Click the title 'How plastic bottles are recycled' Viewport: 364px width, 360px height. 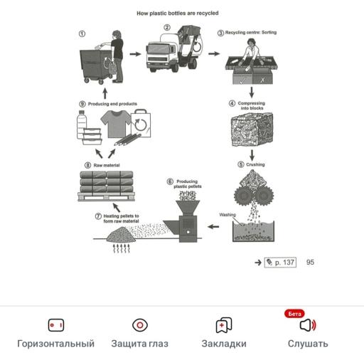(177, 13)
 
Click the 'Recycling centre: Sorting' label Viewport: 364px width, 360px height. (247, 33)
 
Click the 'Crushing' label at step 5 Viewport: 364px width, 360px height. (255, 164)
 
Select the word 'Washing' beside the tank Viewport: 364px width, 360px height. (227, 214)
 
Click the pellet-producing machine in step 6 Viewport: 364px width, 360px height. (188, 217)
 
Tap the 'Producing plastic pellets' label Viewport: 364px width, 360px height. (188, 184)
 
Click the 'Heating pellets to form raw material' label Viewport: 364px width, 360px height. (121, 218)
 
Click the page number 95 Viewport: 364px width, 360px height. (310, 263)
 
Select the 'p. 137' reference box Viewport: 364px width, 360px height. (280, 263)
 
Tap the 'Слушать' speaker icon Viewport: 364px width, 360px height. (307, 325)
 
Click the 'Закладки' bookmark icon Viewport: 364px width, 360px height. (224, 325)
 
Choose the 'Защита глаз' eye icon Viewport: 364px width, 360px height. (140, 325)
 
